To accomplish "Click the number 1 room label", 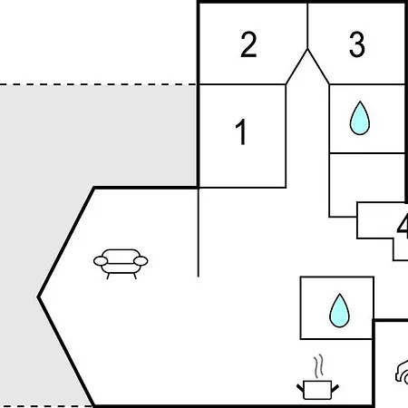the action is pyautogui.click(x=241, y=131).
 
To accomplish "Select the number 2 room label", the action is pyautogui.click(x=248, y=44).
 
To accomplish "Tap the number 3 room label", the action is pyautogui.click(x=357, y=44).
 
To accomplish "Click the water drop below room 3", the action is pyautogui.click(x=360, y=118).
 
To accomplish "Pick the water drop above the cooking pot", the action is pyautogui.click(x=339, y=311).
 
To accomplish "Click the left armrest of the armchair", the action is pyautogui.click(x=101, y=261).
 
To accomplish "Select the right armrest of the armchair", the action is pyautogui.click(x=141, y=261).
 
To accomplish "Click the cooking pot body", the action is pyautogui.click(x=317, y=390).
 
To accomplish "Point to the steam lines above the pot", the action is pyautogui.click(x=318, y=365).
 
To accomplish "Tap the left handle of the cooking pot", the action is pyautogui.click(x=300, y=388).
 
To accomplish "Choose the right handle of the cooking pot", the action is pyautogui.click(x=335, y=388).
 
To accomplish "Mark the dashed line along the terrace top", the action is pyautogui.click(x=98, y=84).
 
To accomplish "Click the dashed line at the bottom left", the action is pyautogui.click(x=46, y=406).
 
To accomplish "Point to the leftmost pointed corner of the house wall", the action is pyautogui.click(x=38, y=297).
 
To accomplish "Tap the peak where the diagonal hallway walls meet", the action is pyautogui.click(x=307, y=49).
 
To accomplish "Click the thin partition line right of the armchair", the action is pyautogui.click(x=199, y=232).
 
